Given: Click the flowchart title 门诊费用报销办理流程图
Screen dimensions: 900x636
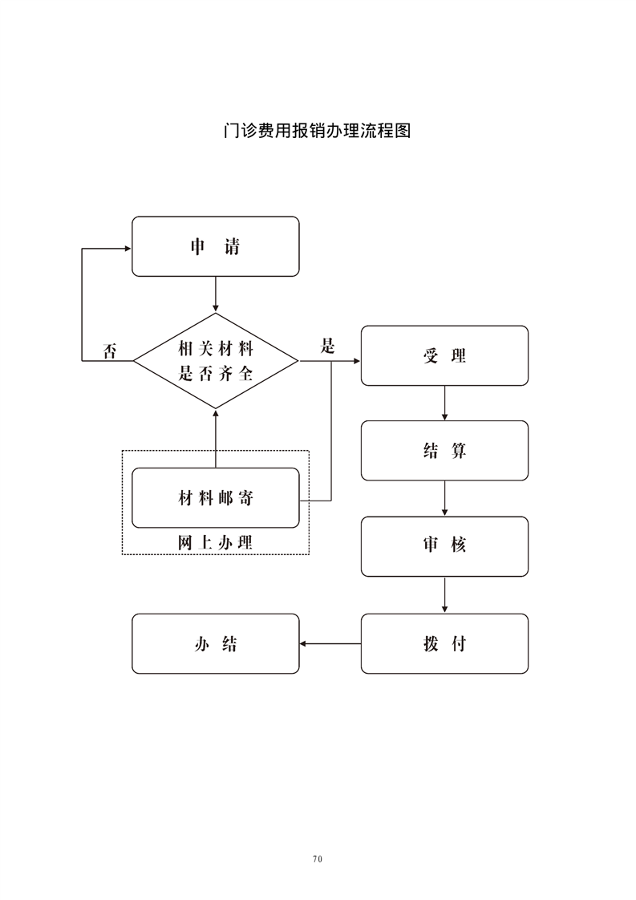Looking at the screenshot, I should (318, 131).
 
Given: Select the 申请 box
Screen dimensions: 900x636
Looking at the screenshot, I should (215, 246).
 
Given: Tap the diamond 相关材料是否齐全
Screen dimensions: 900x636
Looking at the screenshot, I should (215, 361).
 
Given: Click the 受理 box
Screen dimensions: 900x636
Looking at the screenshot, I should (444, 355).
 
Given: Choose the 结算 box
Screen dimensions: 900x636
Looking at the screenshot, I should (444, 451).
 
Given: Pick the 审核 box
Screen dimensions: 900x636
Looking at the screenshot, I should (444, 546).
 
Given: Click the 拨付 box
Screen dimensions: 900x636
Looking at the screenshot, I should (444, 643).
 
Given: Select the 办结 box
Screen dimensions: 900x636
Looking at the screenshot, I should (215, 643).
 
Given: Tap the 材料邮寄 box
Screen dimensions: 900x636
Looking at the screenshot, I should (215, 498).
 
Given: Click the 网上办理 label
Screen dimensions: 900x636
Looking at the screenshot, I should (215, 542).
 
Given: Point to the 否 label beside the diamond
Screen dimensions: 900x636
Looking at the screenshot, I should (109, 351).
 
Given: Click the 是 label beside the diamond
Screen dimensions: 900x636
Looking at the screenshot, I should (327, 347).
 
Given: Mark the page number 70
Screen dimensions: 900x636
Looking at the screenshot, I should (318, 858).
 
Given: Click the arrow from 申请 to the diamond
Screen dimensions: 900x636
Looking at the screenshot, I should (215, 295).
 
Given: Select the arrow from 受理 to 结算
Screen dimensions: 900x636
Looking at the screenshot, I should (444, 403).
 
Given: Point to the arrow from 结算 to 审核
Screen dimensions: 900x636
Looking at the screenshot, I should (444, 498).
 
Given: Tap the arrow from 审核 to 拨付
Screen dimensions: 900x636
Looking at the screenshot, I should (444, 594).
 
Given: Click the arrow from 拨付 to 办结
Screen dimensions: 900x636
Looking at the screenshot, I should (330, 643).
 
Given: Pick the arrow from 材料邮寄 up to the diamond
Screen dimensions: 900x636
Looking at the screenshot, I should (215, 438).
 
